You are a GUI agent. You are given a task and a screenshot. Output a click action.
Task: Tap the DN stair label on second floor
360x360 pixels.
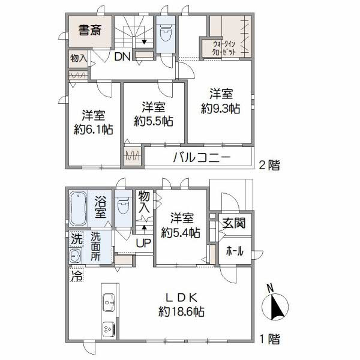122,58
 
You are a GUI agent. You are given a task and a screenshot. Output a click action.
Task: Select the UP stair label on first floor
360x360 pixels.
143,243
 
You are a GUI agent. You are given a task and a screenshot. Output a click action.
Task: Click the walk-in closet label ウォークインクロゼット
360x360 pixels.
223,47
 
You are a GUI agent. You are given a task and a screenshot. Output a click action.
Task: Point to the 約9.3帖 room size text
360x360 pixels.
220,109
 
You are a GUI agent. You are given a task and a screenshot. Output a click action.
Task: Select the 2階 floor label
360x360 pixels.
270,166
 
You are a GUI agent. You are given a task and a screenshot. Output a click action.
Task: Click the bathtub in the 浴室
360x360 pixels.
79,207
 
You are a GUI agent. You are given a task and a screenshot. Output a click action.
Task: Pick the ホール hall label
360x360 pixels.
234,251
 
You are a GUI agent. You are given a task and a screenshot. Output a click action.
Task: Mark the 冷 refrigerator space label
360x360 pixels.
76,276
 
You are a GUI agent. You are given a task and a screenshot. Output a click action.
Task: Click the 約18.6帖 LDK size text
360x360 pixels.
182,312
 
